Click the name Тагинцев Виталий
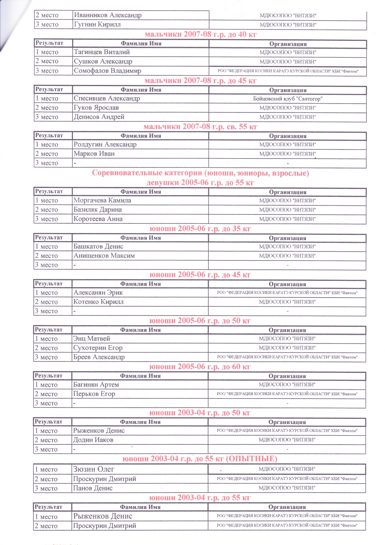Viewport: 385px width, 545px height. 102,52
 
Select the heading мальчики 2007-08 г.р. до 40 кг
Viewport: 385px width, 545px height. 201,34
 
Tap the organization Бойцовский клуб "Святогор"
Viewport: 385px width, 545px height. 288,99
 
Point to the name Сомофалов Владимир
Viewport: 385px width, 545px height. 107,71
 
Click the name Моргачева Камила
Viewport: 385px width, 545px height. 102,200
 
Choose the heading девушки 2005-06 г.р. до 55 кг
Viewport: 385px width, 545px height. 200,182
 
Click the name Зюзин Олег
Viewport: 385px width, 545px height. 94,469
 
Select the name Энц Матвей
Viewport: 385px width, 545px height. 92,338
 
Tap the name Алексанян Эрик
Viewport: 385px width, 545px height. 98,292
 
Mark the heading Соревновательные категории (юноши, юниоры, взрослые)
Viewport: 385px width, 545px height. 200,173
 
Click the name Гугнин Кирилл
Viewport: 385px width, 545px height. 97,24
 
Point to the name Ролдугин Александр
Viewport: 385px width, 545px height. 105,144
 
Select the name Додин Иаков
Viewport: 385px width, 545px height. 93,440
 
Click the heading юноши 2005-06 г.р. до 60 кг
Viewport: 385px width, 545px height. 200,367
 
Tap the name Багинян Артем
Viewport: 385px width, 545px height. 96,385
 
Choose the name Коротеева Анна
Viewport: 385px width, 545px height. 98,219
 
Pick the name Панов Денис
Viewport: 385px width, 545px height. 93,488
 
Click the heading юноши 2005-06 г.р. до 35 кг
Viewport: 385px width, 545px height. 200,229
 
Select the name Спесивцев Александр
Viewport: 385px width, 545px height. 107,98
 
